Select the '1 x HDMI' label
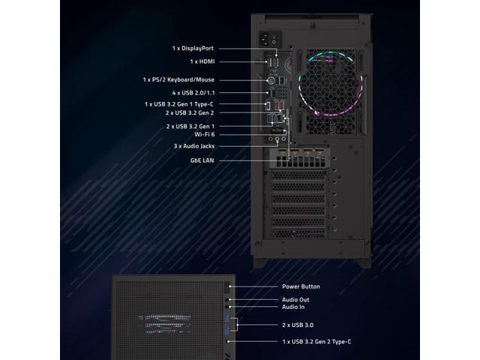(202, 61)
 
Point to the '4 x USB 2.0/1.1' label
(193, 93)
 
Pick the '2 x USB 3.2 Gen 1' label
(190, 126)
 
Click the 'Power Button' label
(301, 286)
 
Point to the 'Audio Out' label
(295, 300)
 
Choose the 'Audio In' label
(294, 307)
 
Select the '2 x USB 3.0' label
(297, 325)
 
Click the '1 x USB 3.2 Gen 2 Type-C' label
(316, 342)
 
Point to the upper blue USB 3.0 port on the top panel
(227, 320)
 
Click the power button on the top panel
(228, 286)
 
